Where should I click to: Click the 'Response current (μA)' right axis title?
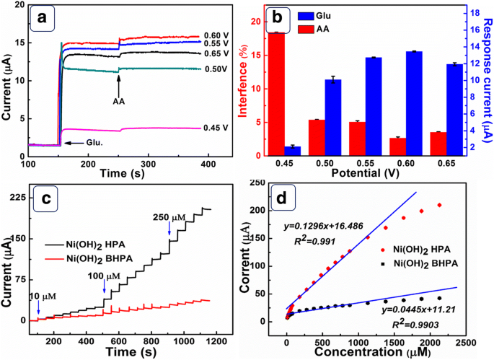point(485,79)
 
